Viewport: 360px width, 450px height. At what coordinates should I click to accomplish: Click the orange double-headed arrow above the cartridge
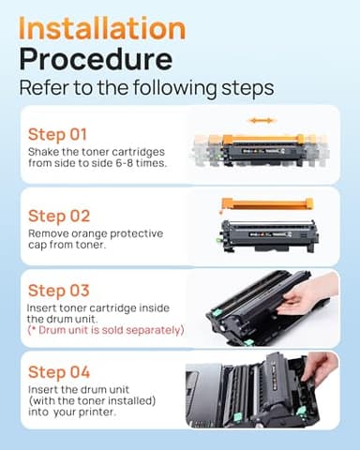click(261, 120)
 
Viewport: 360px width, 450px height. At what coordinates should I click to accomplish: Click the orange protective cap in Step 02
click(266, 203)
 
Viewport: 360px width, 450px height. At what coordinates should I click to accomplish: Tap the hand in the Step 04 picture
click(322, 367)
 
